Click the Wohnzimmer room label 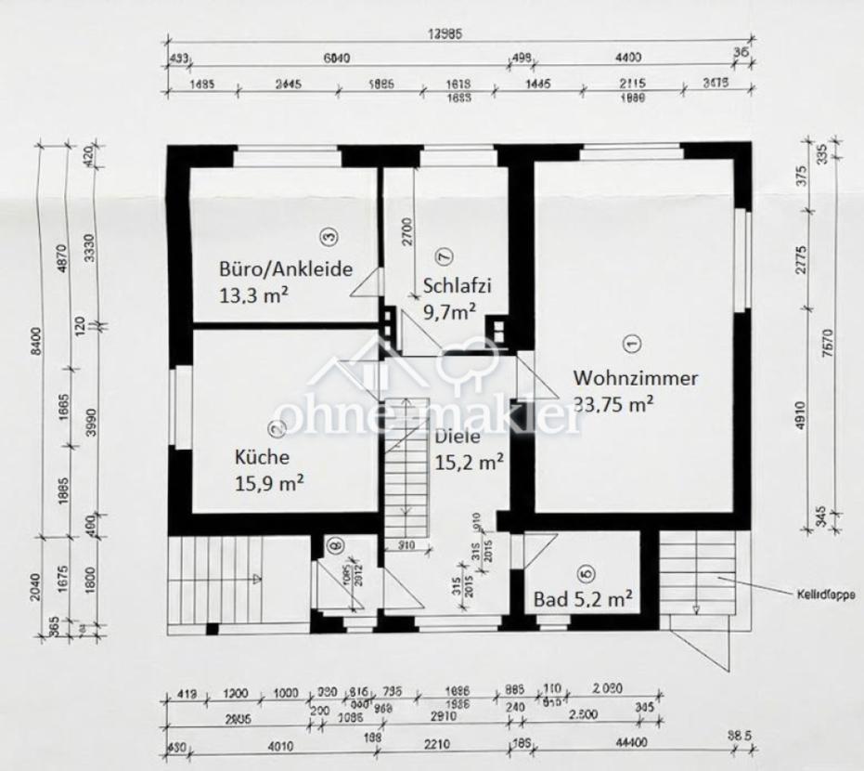636,378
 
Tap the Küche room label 262,457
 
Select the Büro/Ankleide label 286,270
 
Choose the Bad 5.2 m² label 583,599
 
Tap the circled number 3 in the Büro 327,237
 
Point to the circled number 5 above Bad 584,574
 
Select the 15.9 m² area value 270,482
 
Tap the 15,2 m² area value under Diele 469,461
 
